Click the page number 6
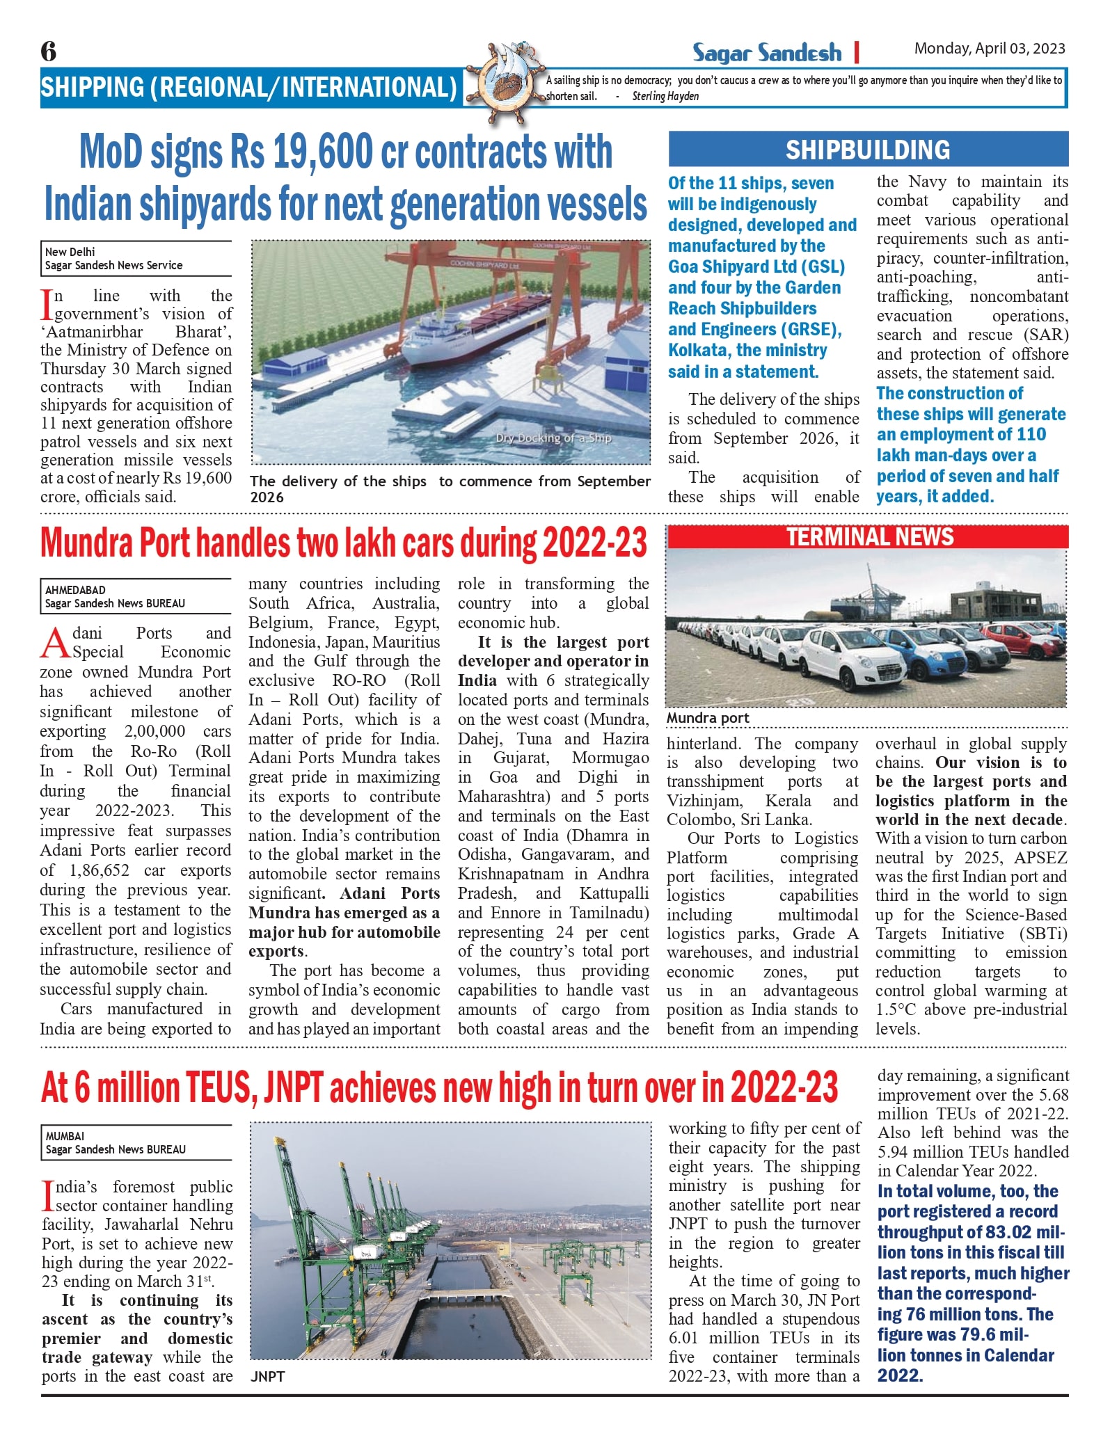[49, 51]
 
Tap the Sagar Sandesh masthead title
[766, 52]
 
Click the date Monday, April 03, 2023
[989, 48]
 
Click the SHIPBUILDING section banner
[868, 150]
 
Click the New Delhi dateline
[70, 252]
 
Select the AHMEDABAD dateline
[75, 590]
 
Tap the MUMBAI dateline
[65, 1136]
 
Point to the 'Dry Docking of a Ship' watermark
[553, 438]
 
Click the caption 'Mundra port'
[707, 717]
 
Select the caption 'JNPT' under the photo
[268, 1376]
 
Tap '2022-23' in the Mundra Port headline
[595, 543]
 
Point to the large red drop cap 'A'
[56, 643]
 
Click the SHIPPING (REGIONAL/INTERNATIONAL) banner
[249, 87]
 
